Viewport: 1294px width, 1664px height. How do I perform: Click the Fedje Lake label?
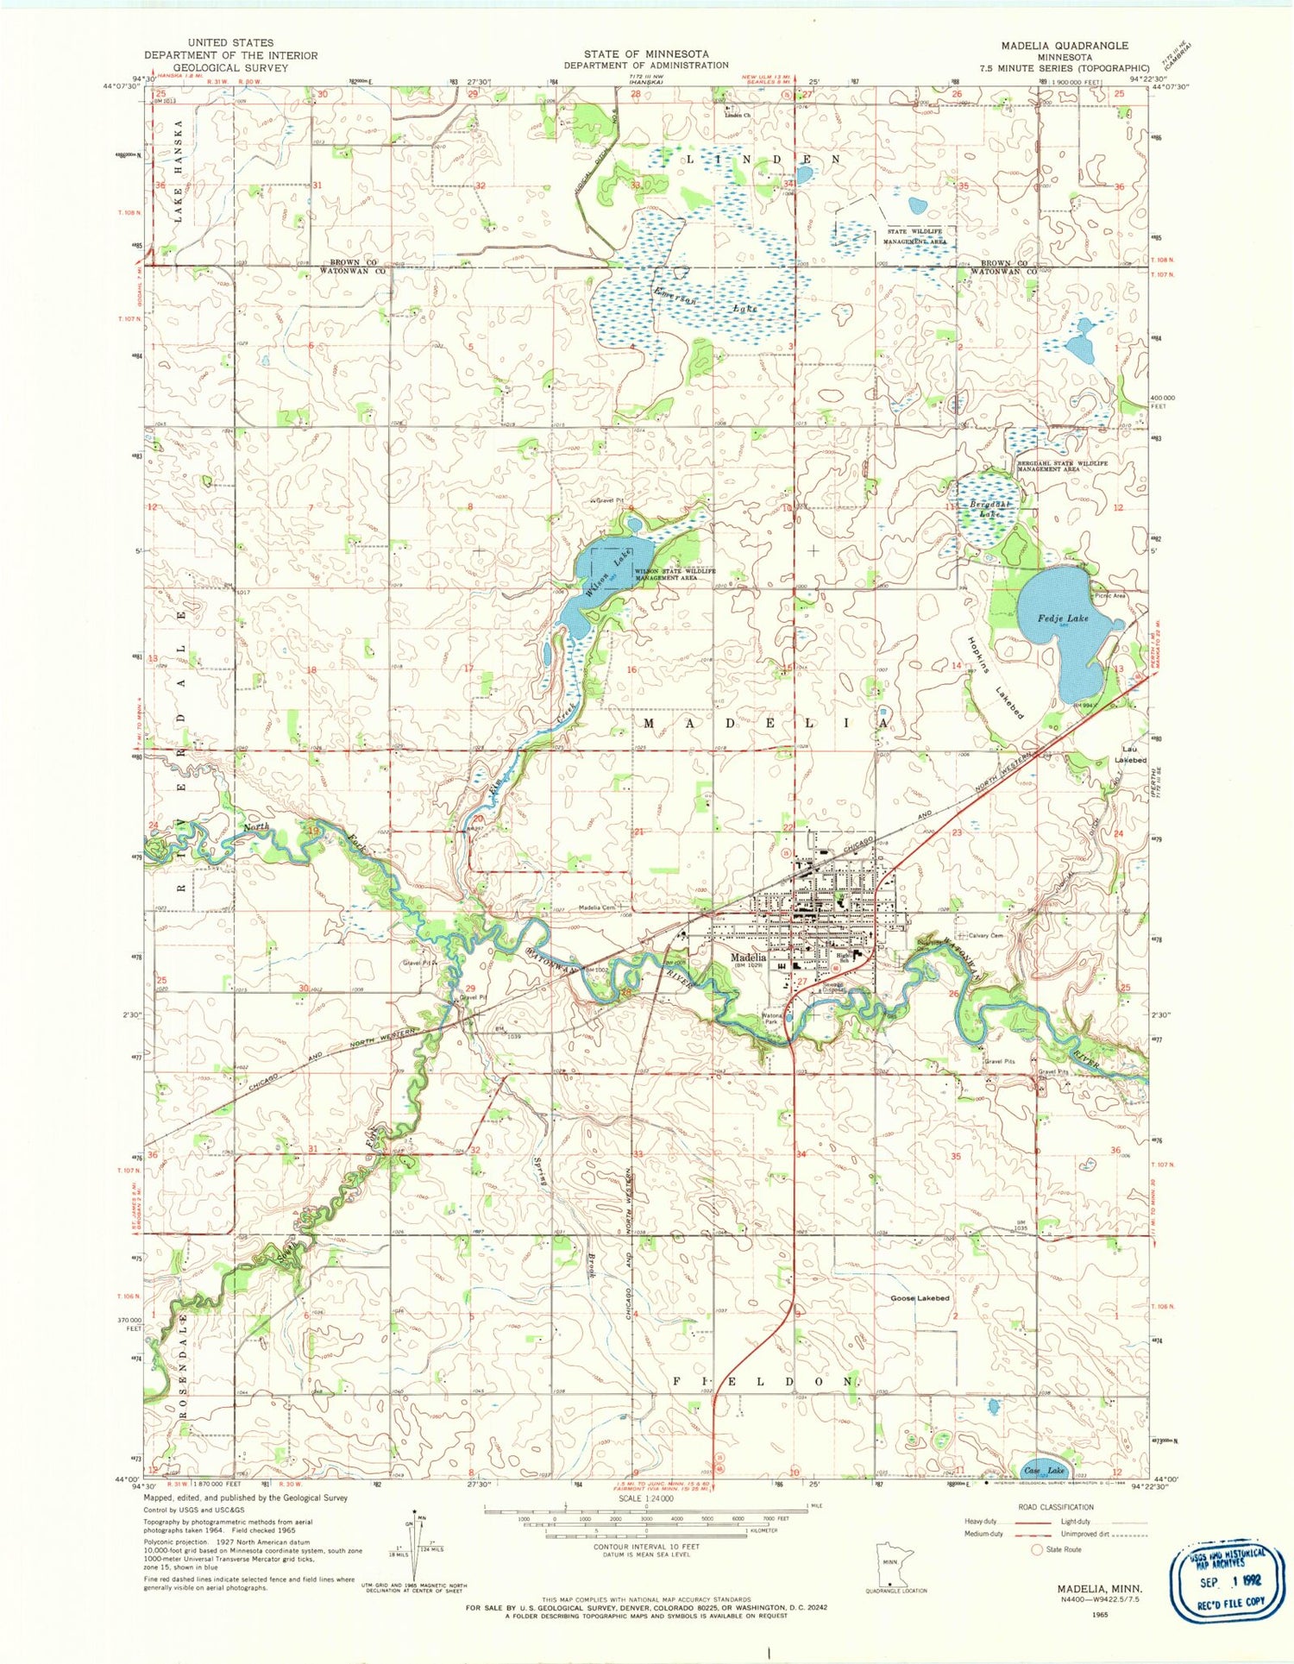click(x=1065, y=618)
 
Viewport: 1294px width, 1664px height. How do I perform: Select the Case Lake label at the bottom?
click(x=1044, y=1470)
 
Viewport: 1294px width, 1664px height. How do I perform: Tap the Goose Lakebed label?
click(x=920, y=1298)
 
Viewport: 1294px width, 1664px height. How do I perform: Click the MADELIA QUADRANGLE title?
click(x=1065, y=45)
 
